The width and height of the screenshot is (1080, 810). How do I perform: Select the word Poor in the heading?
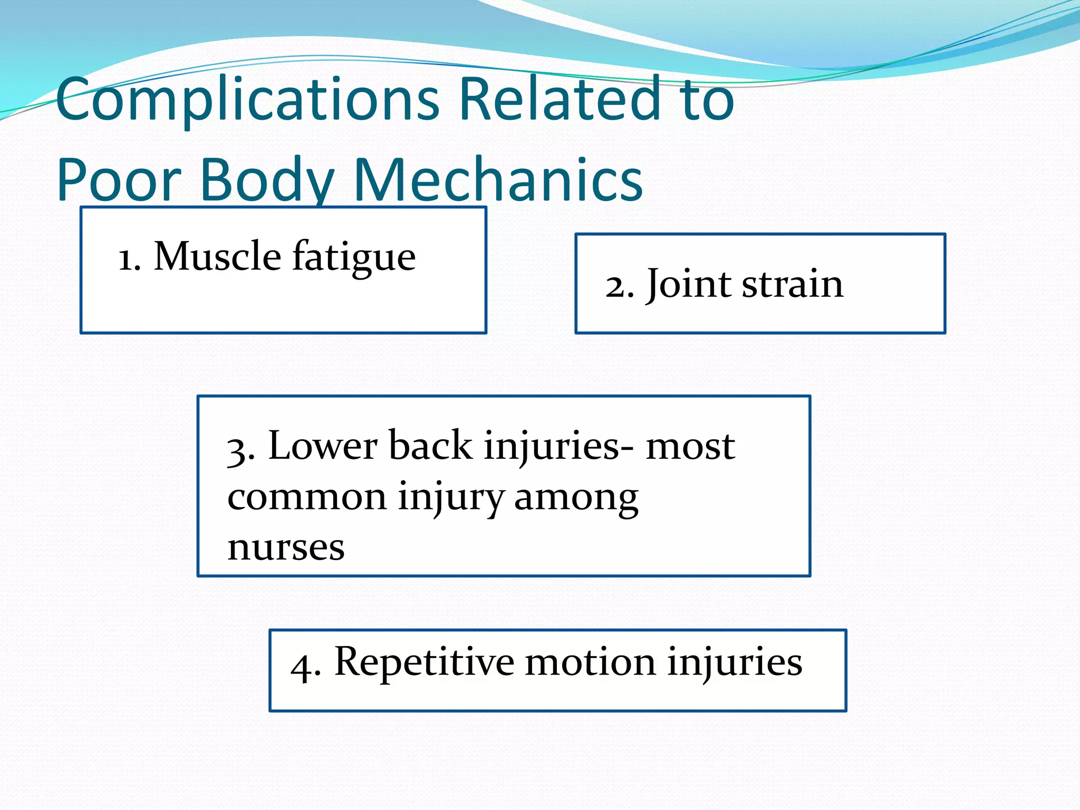click(x=119, y=180)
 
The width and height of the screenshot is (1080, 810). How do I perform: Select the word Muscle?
click(x=217, y=256)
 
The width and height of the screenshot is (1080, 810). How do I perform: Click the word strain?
click(x=793, y=285)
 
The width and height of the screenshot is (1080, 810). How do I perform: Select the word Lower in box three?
click(x=323, y=446)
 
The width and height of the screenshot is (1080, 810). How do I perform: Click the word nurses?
click(x=286, y=547)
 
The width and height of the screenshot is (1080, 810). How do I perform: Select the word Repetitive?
click(x=425, y=662)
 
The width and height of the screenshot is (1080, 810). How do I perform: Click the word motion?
click(x=590, y=662)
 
